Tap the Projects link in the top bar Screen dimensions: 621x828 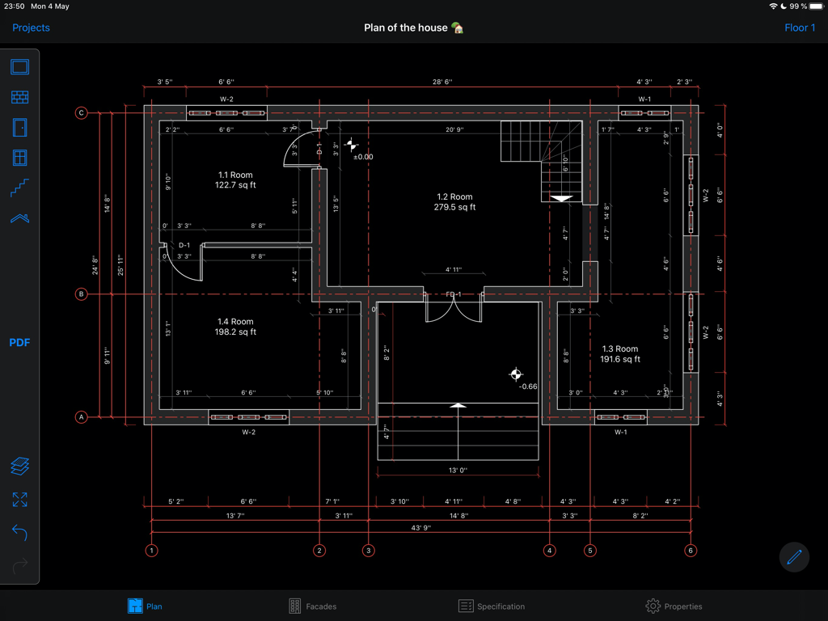(31, 27)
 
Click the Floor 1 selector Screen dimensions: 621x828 (800, 27)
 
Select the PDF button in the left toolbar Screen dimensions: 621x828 (19, 343)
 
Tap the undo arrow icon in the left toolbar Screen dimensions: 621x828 (20, 533)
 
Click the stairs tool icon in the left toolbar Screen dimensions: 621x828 (20, 188)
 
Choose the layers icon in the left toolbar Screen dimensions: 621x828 (20, 466)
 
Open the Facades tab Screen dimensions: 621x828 (312, 606)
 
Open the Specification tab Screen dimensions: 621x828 (492, 606)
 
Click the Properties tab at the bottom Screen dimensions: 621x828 (674, 606)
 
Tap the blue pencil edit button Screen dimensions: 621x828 (794, 556)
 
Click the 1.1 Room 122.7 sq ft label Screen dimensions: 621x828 (235, 180)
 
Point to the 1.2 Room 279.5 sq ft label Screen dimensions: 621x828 (454, 202)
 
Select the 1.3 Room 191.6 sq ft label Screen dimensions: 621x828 (620, 354)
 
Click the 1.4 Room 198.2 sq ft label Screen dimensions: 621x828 (235, 327)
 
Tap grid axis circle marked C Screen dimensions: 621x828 (81, 112)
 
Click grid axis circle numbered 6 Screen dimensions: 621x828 (691, 551)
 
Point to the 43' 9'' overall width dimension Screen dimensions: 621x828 (420, 528)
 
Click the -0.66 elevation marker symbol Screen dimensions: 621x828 (516, 374)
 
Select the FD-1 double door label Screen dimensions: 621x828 (454, 295)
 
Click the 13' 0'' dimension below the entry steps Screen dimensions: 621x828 (458, 470)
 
